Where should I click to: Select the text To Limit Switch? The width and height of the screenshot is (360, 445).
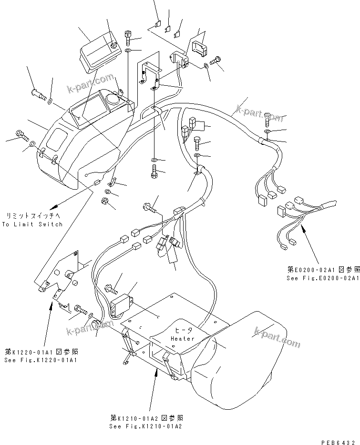(32, 224)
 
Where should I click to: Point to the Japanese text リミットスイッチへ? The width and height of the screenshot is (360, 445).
(31, 216)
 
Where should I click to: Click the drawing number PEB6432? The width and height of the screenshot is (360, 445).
(339, 439)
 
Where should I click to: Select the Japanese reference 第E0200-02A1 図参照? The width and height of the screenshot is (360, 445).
(322, 269)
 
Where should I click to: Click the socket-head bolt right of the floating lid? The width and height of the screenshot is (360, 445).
(128, 36)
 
